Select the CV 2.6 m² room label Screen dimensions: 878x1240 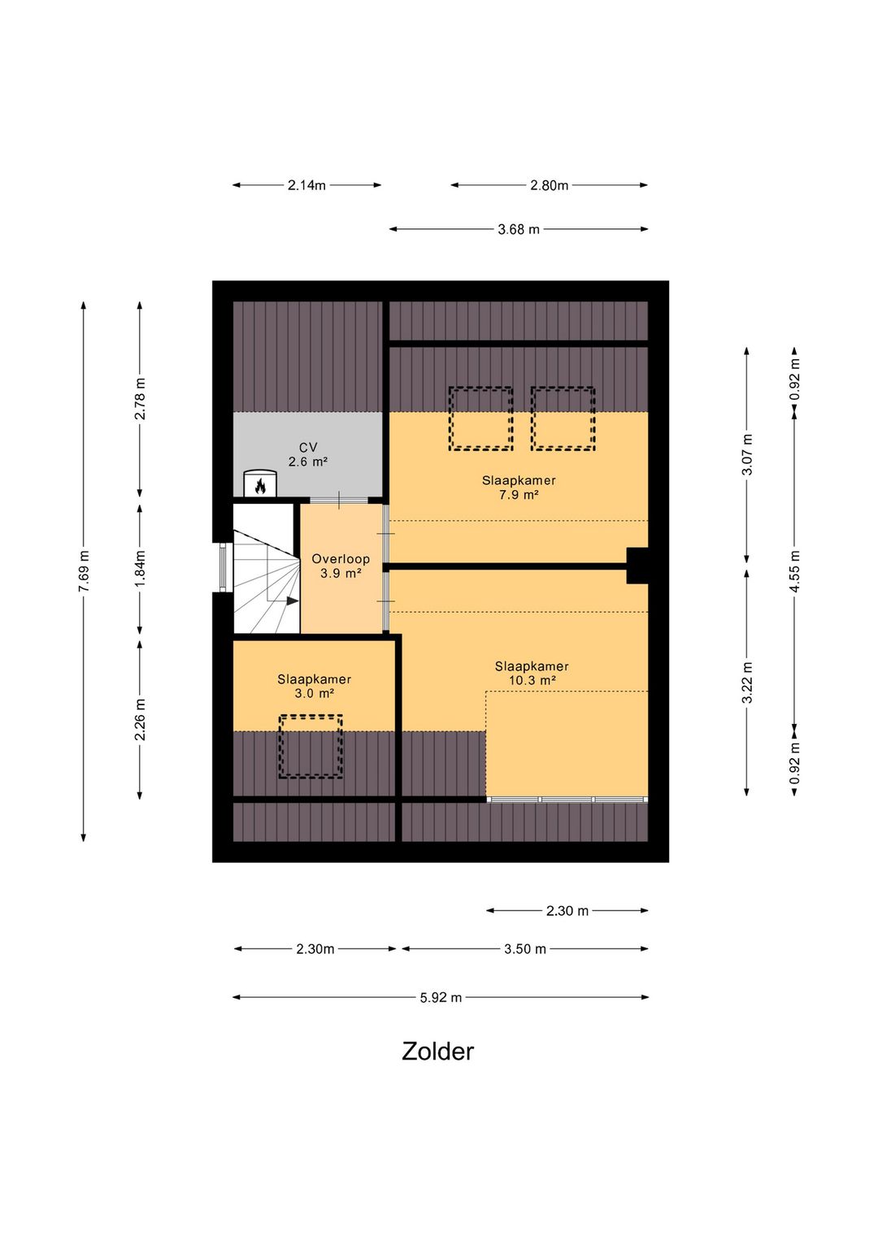(x=308, y=454)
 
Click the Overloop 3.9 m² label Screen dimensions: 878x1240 (x=341, y=566)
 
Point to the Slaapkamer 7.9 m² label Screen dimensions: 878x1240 (x=519, y=488)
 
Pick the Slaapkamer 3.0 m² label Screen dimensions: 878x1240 (x=314, y=686)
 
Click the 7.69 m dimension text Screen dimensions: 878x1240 (x=84, y=571)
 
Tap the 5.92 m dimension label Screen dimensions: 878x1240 (x=441, y=998)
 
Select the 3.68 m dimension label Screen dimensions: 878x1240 (x=519, y=229)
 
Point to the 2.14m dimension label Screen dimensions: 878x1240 (x=306, y=185)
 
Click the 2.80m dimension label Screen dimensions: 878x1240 (x=549, y=185)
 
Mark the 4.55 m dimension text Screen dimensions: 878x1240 (x=795, y=570)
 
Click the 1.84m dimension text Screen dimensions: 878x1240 (x=140, y=570)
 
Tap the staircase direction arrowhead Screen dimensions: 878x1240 (x=293, y=600)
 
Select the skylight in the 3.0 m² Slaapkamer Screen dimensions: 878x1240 (x=311, y=747)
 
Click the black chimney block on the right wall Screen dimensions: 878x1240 (x=637, y=566)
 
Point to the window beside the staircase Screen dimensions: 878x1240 (x=223, y=567)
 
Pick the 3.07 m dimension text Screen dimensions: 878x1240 (x=747, y=454)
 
